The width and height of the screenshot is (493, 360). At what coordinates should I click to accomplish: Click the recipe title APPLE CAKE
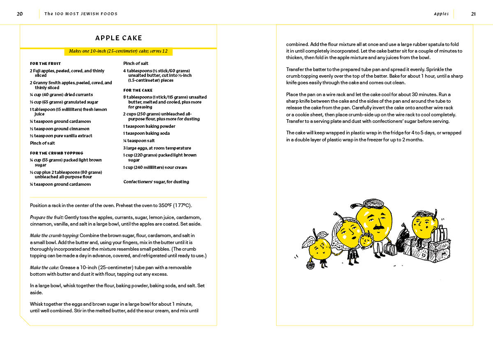119,38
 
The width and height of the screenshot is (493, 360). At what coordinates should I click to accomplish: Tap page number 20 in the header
20,14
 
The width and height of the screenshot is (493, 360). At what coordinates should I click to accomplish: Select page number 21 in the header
473,14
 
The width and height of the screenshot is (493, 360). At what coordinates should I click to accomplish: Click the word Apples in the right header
441,14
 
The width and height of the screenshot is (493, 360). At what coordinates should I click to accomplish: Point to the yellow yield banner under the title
118,51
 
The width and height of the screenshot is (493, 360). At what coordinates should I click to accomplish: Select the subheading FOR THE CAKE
138,90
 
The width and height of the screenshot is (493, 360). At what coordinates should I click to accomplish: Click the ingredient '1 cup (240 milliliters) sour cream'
155,167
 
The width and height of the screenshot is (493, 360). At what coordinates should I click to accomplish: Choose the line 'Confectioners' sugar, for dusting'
156,182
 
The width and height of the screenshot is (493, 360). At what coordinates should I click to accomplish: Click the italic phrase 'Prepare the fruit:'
46,217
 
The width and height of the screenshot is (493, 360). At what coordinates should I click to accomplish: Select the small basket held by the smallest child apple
310,265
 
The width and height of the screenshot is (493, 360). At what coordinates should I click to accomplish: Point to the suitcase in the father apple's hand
390,249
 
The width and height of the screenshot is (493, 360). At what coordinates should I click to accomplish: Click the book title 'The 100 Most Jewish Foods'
81,14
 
